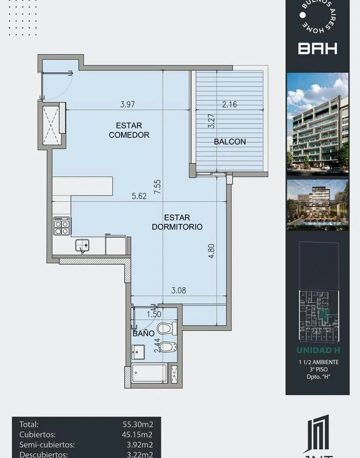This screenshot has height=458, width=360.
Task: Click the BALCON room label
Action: click(230, 142)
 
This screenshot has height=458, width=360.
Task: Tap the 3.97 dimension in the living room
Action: click(127, 104)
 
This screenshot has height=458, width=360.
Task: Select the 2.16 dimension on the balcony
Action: click(229, 104)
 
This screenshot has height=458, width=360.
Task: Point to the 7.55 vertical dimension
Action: click(157, 187)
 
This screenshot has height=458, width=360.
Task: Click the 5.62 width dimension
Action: click(139, 196)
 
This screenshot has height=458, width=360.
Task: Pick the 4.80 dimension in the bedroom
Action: click(211, 251)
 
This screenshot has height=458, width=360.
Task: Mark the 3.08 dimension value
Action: click(178, 290)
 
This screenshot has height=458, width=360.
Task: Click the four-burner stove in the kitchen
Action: click(62, 226)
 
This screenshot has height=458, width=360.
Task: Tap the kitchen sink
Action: click(82, 246)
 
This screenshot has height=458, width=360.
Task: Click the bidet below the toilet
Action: click(168, 347)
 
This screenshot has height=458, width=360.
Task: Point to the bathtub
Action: click(149, 373)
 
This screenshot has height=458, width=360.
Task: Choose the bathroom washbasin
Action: click(138, 352)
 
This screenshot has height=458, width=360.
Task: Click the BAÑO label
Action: click(143, 334)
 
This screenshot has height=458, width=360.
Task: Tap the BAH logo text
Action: click(318, 48)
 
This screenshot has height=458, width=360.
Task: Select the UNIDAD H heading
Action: click(318, 350)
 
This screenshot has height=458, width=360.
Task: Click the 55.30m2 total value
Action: click(138, 424)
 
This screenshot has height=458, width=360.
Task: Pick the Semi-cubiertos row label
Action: click(47, 444)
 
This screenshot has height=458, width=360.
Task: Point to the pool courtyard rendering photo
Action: click(318, 205)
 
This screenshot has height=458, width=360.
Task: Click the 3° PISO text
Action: click(318, 369)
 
